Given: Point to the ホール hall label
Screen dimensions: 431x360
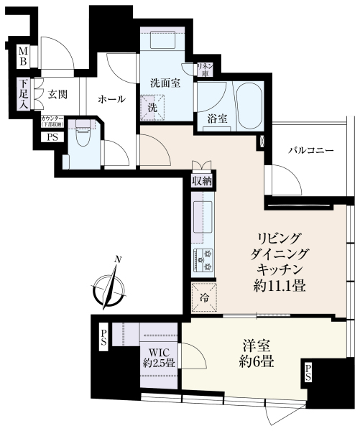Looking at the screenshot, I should click(111, 99).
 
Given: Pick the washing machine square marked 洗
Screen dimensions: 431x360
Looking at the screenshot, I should click(153, 108).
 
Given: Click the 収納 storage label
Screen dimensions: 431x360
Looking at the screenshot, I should click(202, 181).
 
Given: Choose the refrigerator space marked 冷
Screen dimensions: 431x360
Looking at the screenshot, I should click(201, 294).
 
